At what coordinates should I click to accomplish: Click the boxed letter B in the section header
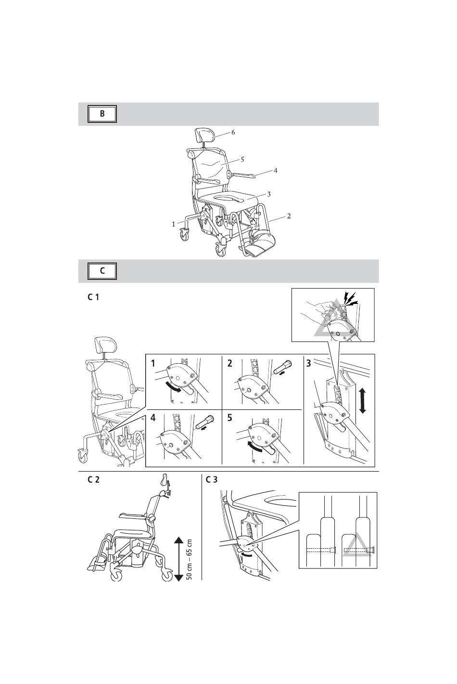pos(102,114)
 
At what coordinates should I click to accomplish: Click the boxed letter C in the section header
pos(102,271)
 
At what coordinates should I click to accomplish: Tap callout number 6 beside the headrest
pos(233,132)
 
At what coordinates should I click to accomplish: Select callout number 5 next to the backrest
pos(242,159)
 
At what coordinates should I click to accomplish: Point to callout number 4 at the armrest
pos(275,171)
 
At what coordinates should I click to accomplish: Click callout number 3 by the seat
pos(268,194)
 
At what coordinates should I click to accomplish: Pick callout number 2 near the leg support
pos(289,216)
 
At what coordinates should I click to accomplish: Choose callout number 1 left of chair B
pos(174,224)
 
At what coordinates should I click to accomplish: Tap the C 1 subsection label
pos(93,297)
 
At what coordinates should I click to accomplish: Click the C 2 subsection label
pos(93,479)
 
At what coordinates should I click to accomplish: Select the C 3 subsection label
pos(212,479)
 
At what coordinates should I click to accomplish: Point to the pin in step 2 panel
pos(283,368)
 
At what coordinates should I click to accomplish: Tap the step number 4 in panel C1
pos(153,418)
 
